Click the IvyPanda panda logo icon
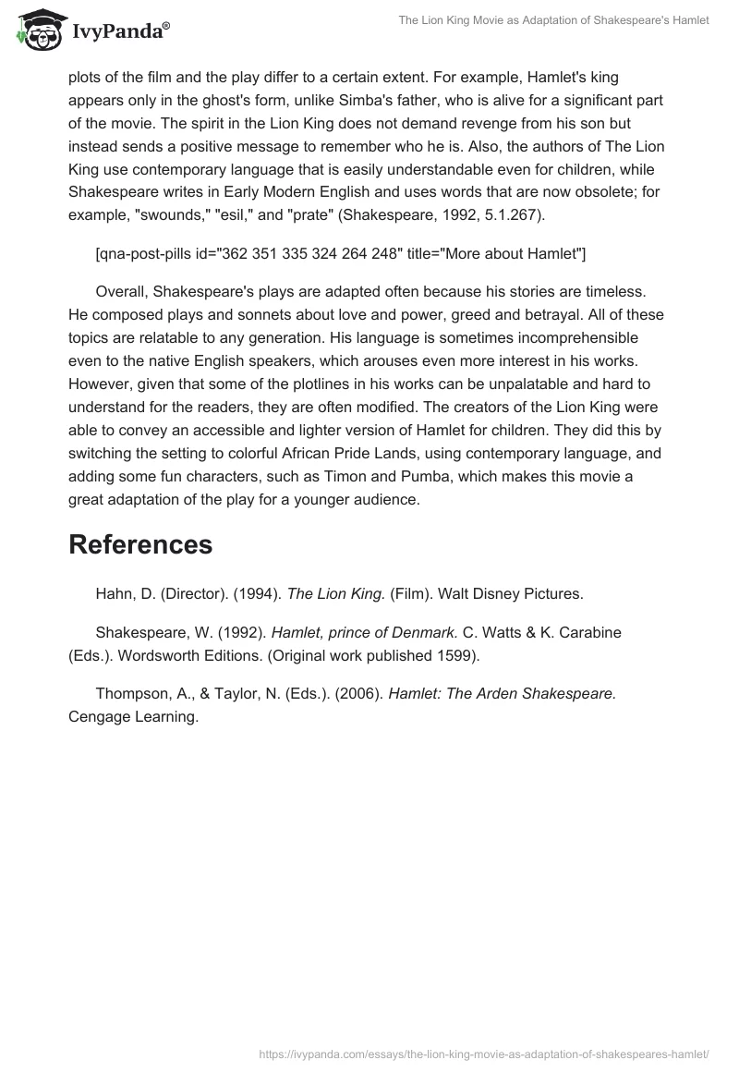point(38,30)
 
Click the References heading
point(140,544)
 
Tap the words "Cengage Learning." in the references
point(134,716)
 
